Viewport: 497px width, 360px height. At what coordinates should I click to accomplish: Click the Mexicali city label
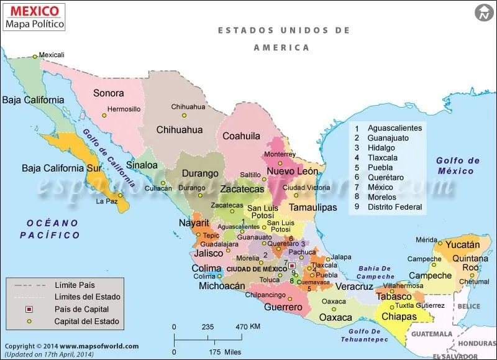(x=52, y=55)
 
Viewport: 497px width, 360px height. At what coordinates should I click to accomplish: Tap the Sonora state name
(x=108, y=93)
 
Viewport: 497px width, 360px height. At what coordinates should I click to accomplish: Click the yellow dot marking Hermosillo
(x=104, y=116)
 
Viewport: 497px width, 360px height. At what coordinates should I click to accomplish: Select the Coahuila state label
(x=241, y=136)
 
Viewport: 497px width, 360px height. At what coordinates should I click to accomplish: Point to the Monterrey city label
(x=280, y=154)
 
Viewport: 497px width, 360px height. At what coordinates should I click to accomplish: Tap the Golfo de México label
(x=458, y=165)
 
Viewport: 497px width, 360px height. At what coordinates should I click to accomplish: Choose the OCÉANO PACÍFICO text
(x=49, y=229)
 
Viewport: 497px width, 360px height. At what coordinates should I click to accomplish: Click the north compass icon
(x=483, y=12)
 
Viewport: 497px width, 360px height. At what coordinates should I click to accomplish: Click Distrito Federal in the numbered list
(x=394, y=207)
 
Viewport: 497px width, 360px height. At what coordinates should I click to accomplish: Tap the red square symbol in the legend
(x=29, y=309)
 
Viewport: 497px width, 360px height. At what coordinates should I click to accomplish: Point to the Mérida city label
(x=426, y=239)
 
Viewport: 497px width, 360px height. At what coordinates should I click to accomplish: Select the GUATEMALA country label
(x=434, y=334)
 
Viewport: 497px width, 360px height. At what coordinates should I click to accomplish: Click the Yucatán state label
(x=462, y=245)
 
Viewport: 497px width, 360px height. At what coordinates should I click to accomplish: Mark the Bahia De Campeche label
(x=375, y=272)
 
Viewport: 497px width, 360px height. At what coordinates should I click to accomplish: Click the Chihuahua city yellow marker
(x=184, y=115)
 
